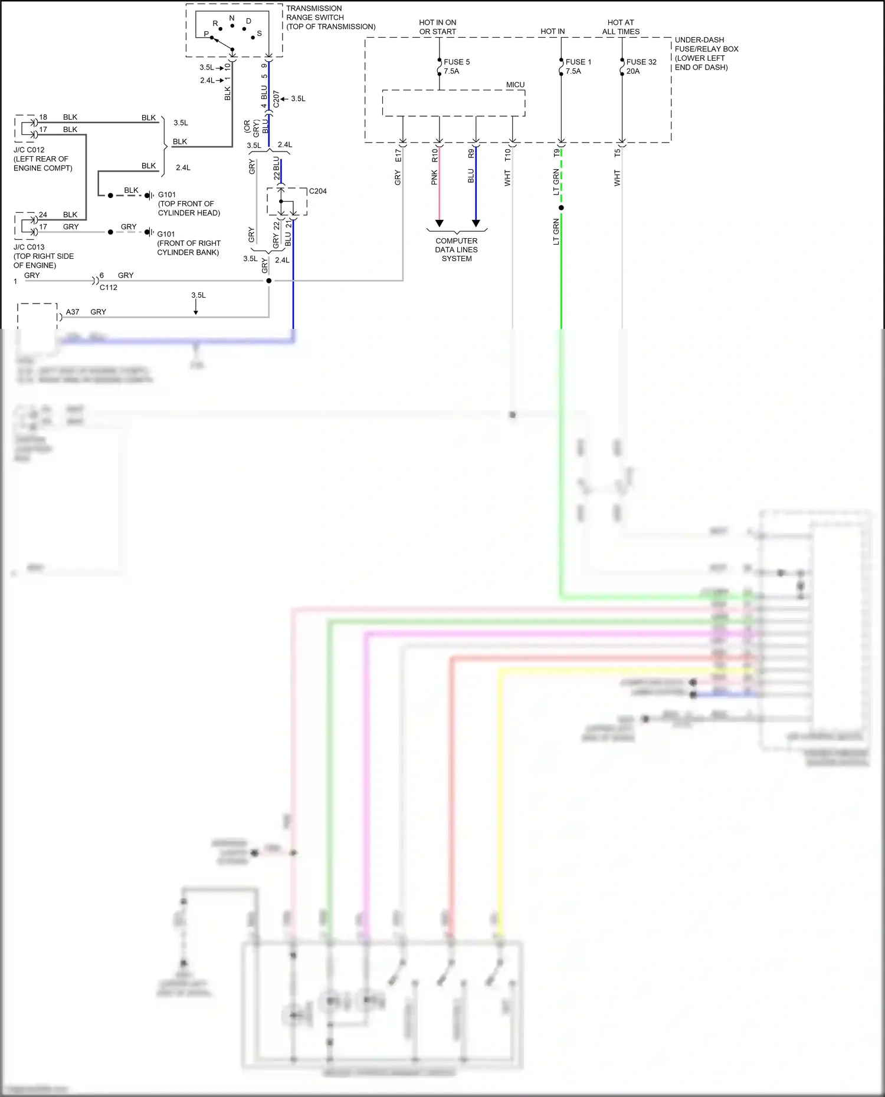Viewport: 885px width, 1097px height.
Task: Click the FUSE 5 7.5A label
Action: [456, 67]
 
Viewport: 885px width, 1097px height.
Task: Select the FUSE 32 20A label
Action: [641, 67]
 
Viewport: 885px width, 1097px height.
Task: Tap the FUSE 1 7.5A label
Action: [578, 67]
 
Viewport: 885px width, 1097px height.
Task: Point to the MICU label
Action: [515, 85]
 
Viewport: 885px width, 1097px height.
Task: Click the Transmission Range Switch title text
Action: [330, 18]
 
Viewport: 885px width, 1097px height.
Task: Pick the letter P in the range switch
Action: [206, 34]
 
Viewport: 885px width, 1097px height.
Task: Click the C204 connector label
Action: [317, 191]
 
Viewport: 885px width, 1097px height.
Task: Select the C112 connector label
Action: [109, 288]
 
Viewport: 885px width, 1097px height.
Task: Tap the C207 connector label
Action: [276, 99]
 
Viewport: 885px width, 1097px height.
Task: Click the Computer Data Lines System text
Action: [457, 249]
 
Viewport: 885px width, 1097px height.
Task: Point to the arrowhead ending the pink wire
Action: [439, 223]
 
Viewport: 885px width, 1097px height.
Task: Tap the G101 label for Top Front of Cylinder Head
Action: [167, 195]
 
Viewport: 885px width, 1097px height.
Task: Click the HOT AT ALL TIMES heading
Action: [621, 27]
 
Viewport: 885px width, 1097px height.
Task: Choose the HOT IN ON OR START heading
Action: [438, 27]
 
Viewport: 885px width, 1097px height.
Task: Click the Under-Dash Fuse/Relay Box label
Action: [706, 54]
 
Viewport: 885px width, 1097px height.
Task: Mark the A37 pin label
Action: [73, 312]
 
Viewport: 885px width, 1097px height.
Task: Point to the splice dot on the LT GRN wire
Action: [561, 207]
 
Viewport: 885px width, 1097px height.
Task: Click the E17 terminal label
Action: [398, 156]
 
